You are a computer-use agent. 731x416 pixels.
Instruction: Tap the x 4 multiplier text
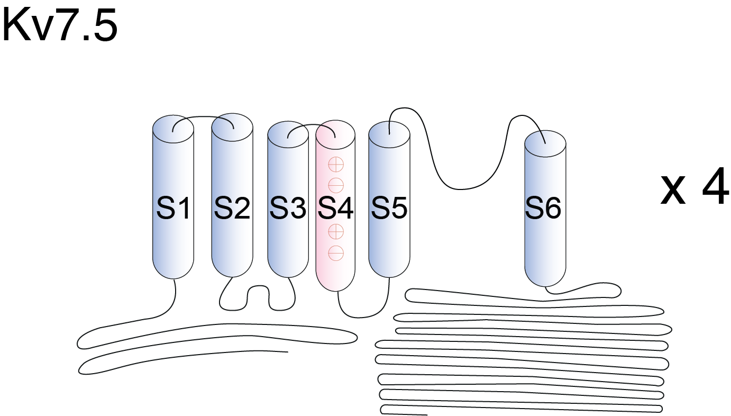pyautogui.click(x=695, y=189)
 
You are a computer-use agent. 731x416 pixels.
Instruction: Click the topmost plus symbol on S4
pyautogui.click(x=336, y=165)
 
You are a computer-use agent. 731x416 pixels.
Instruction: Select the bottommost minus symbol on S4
pyautogui.click(x=336, y=253)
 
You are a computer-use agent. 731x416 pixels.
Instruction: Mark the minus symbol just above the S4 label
pyautogui.click(x=336, y=185)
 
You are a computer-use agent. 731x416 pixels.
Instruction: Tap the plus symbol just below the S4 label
pyautogui.click(x=336, y=231)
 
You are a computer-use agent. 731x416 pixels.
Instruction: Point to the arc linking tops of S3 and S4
pyautogui.click(x=312, y=126)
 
